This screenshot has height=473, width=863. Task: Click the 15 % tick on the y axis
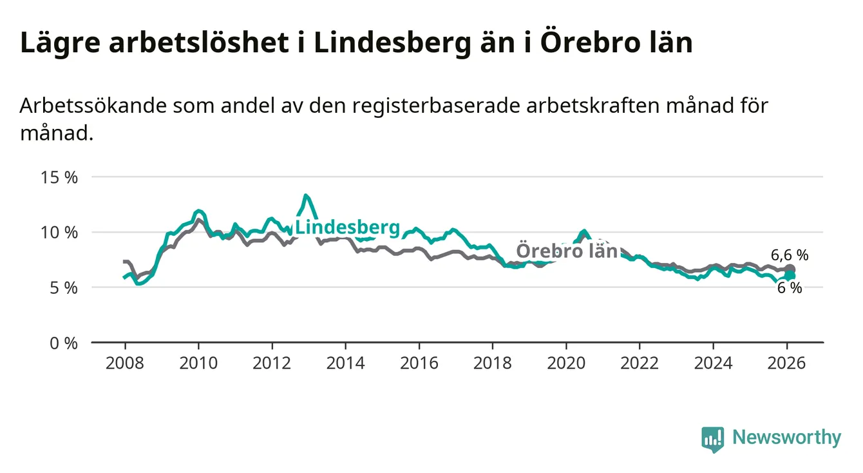click(x=57, y=177)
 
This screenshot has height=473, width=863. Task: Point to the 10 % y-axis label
click(x=57, y=232)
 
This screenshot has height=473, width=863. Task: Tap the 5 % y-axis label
click(x=62, y=287)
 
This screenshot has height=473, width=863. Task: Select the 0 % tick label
click(x=62, y=343)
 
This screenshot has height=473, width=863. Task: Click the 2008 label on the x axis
click(x=125, y=363)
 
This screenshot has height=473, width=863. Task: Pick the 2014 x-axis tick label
click(x=346, y=363)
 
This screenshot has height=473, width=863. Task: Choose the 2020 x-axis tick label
click(x=566, y=363)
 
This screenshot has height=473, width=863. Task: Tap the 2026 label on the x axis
click(x=787, y=363)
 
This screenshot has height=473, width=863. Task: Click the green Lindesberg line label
click(x=347, y=227)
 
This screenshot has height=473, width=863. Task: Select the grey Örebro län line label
click(x=567, y=250)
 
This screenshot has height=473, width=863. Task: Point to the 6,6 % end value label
click(x=789, y=255)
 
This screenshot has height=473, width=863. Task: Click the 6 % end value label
click(x=790, y=288)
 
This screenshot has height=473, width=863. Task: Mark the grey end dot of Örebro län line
click(x=790, y=269)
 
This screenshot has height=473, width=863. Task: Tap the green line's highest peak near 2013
click(x=306, y=195)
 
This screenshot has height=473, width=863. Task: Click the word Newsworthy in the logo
click(x=786, y=438)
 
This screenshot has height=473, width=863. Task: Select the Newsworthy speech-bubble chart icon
click(x=712, y=439)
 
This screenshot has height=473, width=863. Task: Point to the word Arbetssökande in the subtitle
click(x=93, y=106)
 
